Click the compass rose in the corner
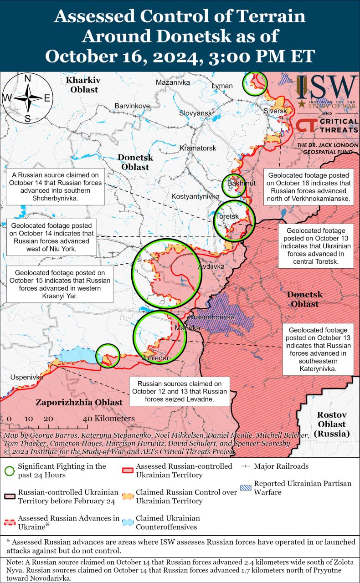point(27,98)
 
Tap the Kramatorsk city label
point(198,148)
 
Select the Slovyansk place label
point(196,113)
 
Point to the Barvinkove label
point(132,106)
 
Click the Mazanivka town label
point(173,82)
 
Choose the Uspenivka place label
point(27,377)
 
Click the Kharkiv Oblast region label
point(82,85)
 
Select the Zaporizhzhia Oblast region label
point(79,402)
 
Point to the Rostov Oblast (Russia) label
point(332,424)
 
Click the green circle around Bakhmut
point(234,185)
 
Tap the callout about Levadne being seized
point(180,392)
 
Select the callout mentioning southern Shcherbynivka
point(55,187)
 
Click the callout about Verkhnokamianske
point(309,187)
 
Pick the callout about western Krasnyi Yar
point(60,284)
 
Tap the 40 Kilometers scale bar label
point(110,418)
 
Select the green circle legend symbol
point(9,470)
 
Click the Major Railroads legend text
point(281,466)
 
